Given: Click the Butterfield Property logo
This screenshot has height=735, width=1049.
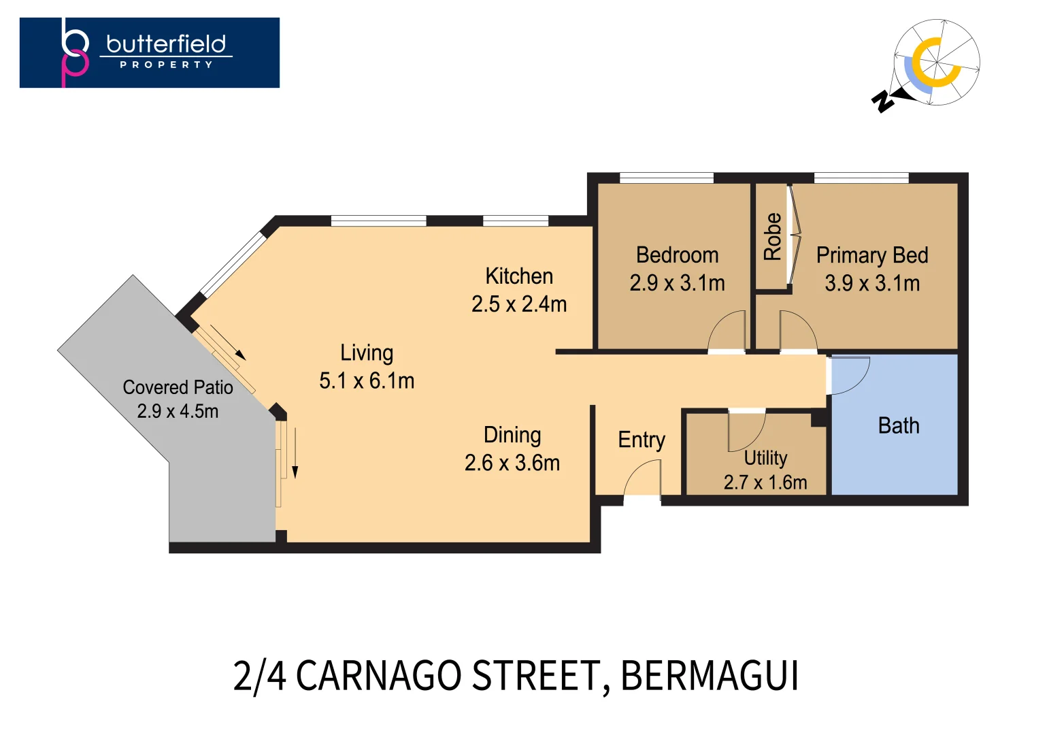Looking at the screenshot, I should coord(149,52).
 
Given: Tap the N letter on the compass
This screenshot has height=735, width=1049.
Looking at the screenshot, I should coord(883,101).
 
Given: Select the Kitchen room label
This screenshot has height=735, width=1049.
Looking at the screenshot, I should coord(519,276).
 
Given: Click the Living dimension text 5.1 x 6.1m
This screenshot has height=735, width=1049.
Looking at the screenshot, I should coord(367,381).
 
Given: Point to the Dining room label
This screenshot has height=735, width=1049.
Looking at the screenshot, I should coord(512,435).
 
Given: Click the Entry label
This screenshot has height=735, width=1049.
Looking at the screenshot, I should coord(641,440).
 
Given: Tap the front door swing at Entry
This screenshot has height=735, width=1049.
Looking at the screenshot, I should coord(642,478).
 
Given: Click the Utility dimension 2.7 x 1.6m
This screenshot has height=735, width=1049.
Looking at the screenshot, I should coord(765,483).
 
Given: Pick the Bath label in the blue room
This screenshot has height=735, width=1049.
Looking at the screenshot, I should coord(898,426).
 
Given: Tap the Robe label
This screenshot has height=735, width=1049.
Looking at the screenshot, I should coord(773,237).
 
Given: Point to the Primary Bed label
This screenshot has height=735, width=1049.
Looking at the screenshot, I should coord(871,255).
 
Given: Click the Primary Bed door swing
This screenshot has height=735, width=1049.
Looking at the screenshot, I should coord(798,331).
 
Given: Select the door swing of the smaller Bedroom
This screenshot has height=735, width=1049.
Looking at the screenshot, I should coord(727,331).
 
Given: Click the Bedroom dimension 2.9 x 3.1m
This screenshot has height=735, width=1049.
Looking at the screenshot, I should coord(677,283).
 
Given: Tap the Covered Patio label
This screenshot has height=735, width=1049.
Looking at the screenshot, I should coord(178,387).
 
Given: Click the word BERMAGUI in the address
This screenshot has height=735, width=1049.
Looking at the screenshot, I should coord(710,676).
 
